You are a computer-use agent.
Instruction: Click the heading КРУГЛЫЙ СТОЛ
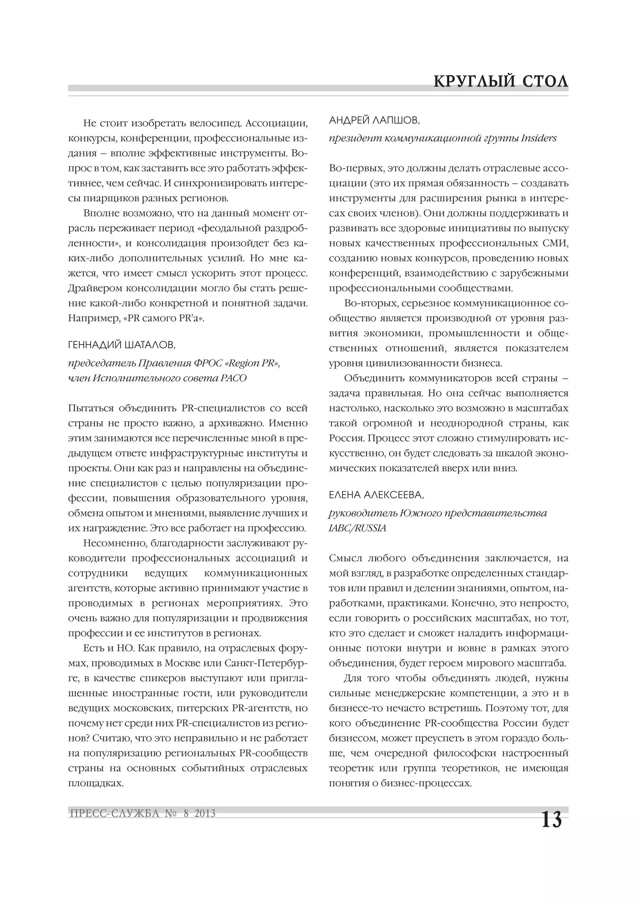point(501,82)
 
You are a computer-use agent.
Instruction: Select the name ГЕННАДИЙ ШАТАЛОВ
point(122,345)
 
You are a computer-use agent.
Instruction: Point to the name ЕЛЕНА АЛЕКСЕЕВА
point(376,495)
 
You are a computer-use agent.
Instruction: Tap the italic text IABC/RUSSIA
point(358,528)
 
